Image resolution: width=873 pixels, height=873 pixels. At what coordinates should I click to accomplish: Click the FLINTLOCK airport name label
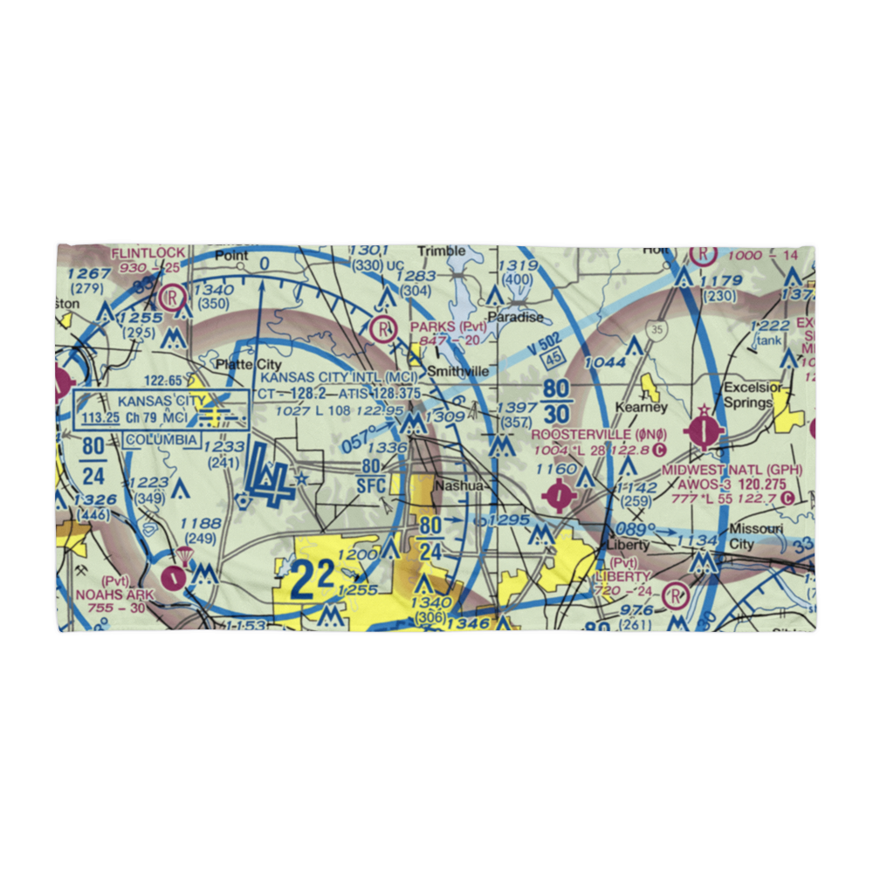[x=148, y=253]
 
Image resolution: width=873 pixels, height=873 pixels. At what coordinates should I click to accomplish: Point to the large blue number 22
[x=311, y=579]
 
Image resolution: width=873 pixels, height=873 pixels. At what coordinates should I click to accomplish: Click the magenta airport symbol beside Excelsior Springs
[x=704, y=430]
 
